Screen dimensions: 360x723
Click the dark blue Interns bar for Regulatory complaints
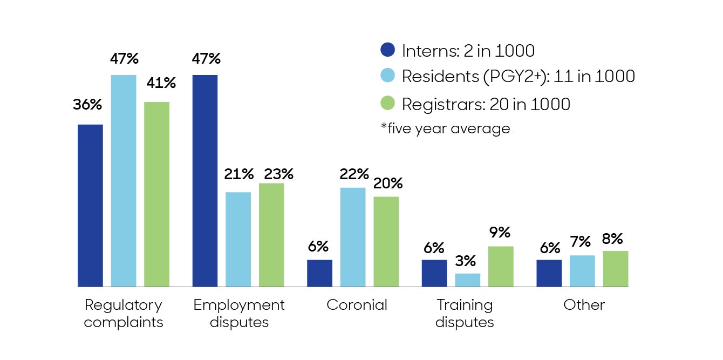pyautogui.click(x=90, y=205)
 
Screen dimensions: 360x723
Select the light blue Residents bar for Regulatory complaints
pyautogui.click(x=124, y=180)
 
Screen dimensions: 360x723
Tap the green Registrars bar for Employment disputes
pyautogui.click(x=271, y=235)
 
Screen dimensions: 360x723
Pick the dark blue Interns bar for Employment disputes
pyautogui.click(x=205, y=180)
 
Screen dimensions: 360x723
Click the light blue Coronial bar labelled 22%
pyautogui.click(x=353, y=237)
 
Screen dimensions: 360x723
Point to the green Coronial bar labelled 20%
pyautogui.click(x=386, y=241)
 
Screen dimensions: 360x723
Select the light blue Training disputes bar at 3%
pyautogui.click(x=468, y=280)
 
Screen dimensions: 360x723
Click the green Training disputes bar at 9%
pyautogui.click(x=501, y=266)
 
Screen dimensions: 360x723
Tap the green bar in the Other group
pyautogui.click(x=616, y=268)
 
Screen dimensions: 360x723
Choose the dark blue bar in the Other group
pyautogui.click(x=549, y=273)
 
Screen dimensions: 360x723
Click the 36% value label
pyautogui.click(x=87, y=105)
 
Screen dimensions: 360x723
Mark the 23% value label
pyautogui.click(x=278, y=174)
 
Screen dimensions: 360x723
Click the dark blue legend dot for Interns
pyautogui.click(x=388, y=50)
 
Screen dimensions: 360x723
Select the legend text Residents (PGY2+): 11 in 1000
pyautogui.click(x=519, y=77)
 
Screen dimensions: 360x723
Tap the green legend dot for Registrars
pyautogui.click(x=388, y=103)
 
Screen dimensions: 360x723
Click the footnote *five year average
pyautogui.click(x=445, y=128)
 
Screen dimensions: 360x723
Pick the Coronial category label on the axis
pyautogui.click(x=357, y=305)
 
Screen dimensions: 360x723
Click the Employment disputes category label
pyautogui.click(x=238, y=314)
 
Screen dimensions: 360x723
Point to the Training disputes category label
pyautogui.click(x=465, y=314)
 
